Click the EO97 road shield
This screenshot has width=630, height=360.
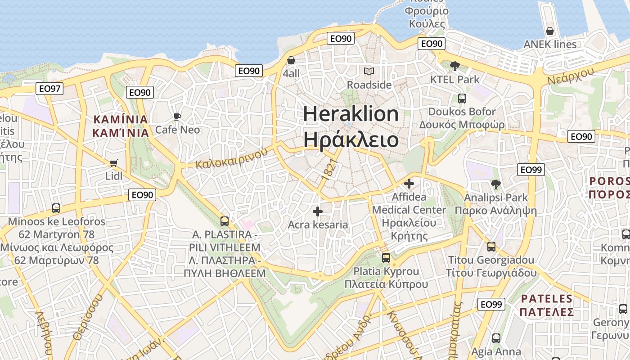pyautogui.click(x=49, y=89)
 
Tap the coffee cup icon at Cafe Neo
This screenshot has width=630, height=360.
pyautogui.click(x=177, y=117)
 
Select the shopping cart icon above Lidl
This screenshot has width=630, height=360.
pyautogui.click(x=113, y=163)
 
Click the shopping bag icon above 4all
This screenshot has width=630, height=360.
pyautogui.click(x=291, y=60)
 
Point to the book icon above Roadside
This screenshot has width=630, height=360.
pyautogui.click(x=369, y=71)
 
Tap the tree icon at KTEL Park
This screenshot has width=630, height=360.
pyautogui.click(x=454, y=66)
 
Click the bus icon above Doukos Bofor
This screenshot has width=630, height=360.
pyautogui.click(x=462, y=98)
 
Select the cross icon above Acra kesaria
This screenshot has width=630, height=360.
pyautogui.click(x=318, y=211)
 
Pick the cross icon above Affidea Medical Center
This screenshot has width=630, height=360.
pyautogui.click(x=409, y=184)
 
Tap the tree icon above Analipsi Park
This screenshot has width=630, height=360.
pyautogui.click(x=496, y=184)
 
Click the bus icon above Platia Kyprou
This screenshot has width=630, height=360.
pyautogui.click(x=386, y=258)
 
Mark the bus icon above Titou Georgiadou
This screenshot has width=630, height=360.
pyautogui.click(x=491, y=247)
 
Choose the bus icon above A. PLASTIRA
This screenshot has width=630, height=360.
pyautogui.click(x=225, y=221)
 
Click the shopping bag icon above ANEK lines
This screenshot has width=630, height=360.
pyautogui.click(x=549, y=31)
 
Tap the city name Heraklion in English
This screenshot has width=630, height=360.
pyautogui.click(x=351, y=113)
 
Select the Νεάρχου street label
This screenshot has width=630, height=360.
pyautogui.click(x=571, y=75)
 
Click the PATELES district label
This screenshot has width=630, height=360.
pyautogui.click(x=547, y=298)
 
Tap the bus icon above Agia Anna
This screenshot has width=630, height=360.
pyautogui.click(x=496, y=338)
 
